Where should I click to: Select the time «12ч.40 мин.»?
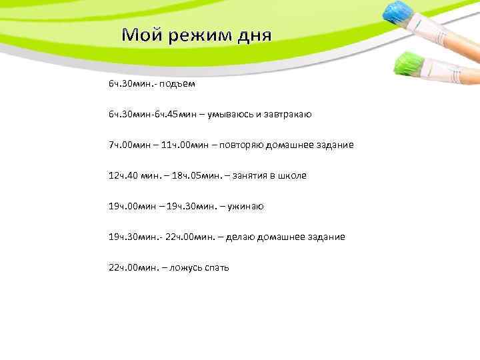pyautogui.click(x=131, y=175)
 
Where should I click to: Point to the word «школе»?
pyautogui.click(x=292, y=175)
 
